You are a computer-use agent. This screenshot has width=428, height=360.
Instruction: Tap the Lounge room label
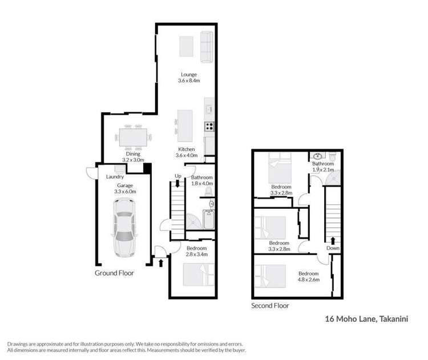point(189,74)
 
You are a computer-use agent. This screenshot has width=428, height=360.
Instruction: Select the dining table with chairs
point(135,137)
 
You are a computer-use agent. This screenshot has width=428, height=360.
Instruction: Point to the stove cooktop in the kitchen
point(209,127)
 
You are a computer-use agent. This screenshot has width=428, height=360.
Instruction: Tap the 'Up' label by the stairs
point(178,175)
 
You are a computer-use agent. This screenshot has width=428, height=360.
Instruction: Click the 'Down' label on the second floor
point(333,248)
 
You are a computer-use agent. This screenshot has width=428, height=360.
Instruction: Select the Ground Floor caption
point(114,273)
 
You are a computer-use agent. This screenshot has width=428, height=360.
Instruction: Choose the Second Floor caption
point(270,306)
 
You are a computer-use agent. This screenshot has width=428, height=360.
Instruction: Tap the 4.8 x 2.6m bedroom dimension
point(308,280)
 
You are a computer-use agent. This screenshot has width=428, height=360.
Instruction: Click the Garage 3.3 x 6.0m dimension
point(123,192)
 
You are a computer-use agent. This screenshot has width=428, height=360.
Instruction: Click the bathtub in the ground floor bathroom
point(208,220)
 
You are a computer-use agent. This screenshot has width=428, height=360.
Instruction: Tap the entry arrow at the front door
point(161,263)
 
